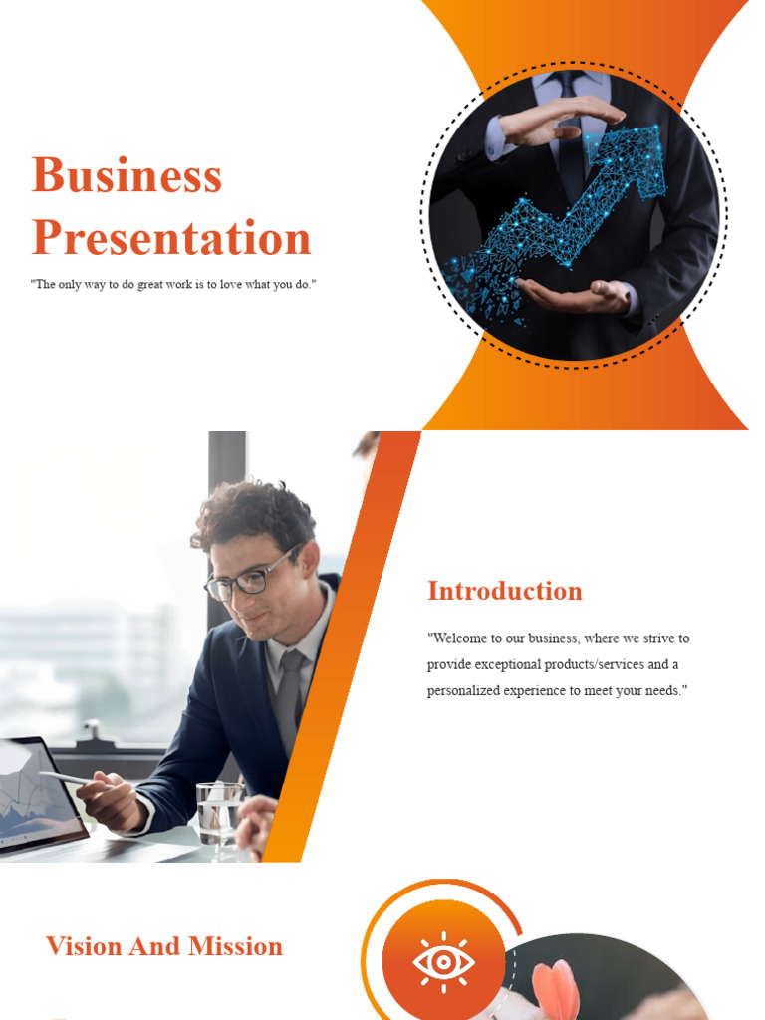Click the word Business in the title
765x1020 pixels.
(127, 176)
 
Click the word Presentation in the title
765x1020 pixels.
(171, 239)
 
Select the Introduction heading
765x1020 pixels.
(505, 591)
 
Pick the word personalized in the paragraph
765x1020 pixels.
(467, 691)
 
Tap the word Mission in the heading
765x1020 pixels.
(236, 946)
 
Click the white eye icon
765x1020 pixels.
(443, 962)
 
